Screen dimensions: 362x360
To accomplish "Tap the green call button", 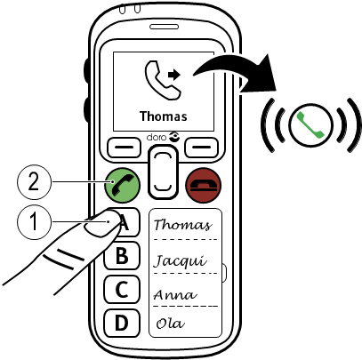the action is [x=122, y=186].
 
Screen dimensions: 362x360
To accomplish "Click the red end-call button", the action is [x=203, y=186].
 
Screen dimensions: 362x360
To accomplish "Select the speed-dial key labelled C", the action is [x=122, y=290].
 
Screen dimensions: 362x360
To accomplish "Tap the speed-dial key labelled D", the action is [x=122, y=323].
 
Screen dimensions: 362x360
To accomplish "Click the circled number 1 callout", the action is [x=35, y=221].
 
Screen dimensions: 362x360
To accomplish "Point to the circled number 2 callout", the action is [x=35, y=182].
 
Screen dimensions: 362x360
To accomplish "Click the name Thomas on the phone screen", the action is [x=164, y=116].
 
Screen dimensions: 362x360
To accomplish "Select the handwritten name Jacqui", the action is [x=181, y=260].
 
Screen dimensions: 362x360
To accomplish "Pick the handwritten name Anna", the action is [x=175, y=295].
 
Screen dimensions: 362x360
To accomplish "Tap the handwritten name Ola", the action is [x=171, y=324].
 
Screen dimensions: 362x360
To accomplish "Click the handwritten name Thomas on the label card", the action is [x=183, y=225].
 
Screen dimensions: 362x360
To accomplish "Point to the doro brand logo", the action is [x=162, y=137].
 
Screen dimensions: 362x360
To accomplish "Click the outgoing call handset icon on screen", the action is [x=163, y=80].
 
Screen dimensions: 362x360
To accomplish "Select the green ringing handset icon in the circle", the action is [x=311, y=124].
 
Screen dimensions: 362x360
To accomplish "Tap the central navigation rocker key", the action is [x=163, y=172].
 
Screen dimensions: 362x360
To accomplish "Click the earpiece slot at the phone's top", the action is [x=165, y=27].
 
